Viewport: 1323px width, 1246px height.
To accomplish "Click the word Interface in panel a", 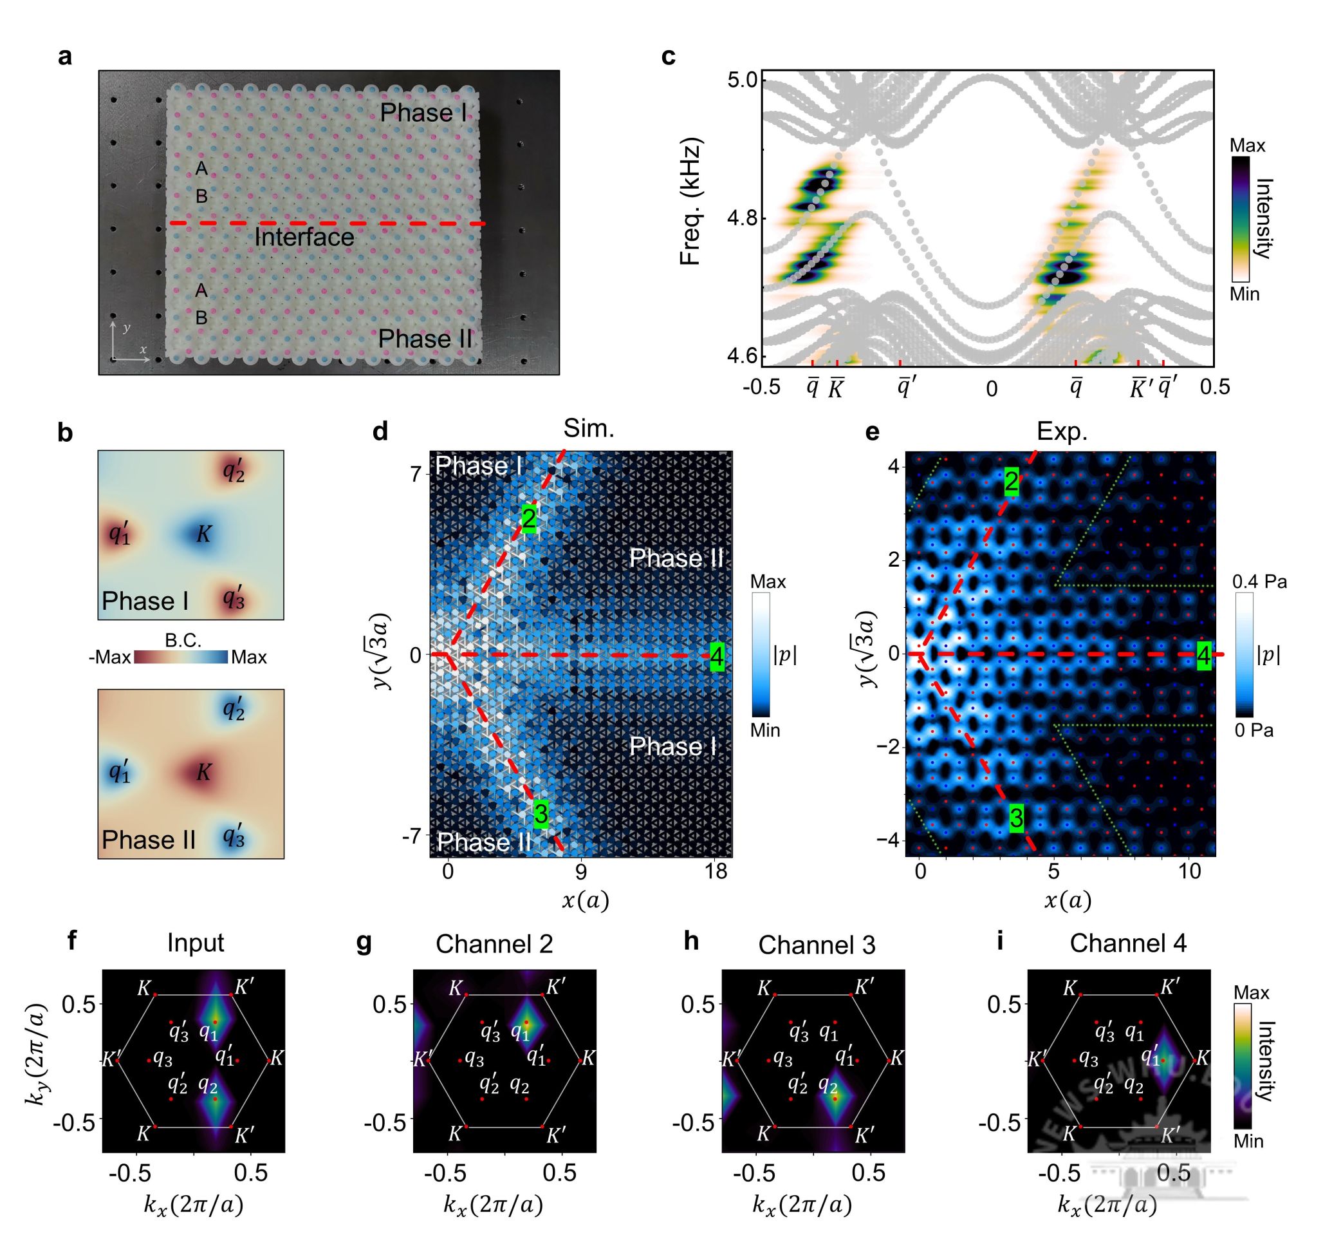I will pos(304,238).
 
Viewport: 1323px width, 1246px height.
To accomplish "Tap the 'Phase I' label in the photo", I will pos(423,113).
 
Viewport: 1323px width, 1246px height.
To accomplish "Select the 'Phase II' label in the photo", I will pos(425,339).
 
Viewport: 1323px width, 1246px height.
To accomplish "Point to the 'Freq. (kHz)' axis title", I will pos(692,201).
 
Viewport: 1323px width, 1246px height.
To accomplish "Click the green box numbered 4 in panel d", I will pos(717,657).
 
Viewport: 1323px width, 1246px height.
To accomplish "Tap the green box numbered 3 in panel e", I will pos(1015,818).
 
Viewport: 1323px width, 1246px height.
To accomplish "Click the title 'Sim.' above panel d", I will pos(588,429).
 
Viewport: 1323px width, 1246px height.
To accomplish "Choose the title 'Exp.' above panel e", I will pos(1062,432).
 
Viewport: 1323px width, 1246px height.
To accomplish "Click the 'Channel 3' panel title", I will pos(817,945).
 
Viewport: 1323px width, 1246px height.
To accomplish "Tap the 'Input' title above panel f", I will pos(195,943).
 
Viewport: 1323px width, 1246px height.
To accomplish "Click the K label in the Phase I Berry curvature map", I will pos(203,533).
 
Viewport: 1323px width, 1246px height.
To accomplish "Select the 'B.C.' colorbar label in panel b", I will pos(183,640).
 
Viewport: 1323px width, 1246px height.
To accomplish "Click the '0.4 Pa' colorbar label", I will pos(1259,582).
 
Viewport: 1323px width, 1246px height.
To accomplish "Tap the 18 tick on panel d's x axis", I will pos(716,872).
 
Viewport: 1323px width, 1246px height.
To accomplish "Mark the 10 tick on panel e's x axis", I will pos(1190,872).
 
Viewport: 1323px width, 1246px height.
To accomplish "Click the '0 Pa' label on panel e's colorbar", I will pos(1254,731).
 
